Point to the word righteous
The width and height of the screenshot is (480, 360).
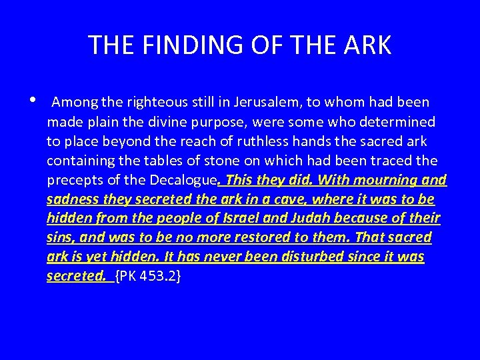tap(146, 103)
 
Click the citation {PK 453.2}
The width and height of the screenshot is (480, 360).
tap(149, 277)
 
